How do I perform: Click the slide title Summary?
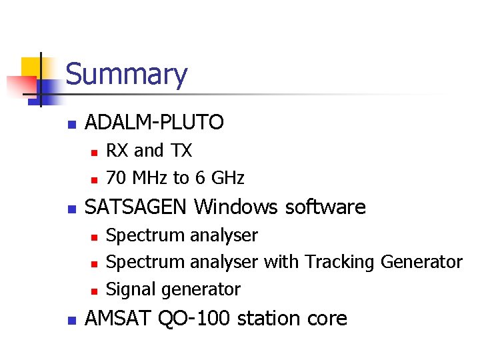pyautogui.click(x=127, y=75)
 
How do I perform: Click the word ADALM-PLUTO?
pyautogui.click(x=155, y=122)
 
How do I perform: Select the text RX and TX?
pyautogui.click(x=149, y=151)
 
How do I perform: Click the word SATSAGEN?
pyautogui.click(x=137, y=207)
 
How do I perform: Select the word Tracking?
pyautogui.click(x=340, y=262)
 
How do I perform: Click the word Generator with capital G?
pyautogui.click(x=421, y=262)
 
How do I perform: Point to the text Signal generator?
pyautogui.click(x=173, y=289)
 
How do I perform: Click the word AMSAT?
pyautogui.click(x=119, y=319)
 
